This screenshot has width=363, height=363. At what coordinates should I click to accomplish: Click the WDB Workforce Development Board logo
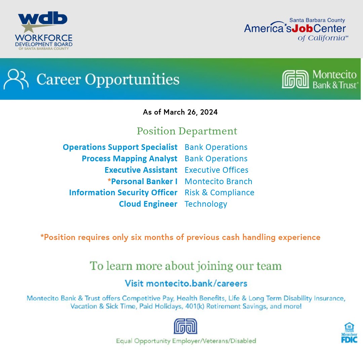pyautogui.click(x=44, y=31)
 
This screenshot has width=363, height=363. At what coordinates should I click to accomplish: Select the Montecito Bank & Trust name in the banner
pyautogui.click(x=335, y=79)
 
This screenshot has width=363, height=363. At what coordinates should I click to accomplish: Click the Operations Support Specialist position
pyautogui.click(x=120, y=147)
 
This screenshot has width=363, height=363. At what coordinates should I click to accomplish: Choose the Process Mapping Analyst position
pyautogui.click(x=129, y=159)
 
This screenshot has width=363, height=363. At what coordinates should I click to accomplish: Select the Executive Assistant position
pyautogui.click(x=141, y=170)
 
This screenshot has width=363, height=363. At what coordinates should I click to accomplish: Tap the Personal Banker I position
pyautogui.click(x=144, y=182)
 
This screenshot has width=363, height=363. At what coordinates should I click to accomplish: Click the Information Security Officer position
pyautogui.click(x=123, y=193)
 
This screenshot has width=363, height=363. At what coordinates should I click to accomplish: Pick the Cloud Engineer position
pyautogui.click(x=148, y=204)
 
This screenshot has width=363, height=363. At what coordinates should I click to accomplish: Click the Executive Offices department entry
pyautogui.click(x=216, y=170)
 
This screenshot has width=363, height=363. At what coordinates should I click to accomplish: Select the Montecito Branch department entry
pyautogui.click(x=218, y=182)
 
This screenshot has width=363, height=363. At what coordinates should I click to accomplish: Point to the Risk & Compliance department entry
pyautogui.click(x=219, y=193)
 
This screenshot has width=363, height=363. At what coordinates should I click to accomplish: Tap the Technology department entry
pyautogui.click(x=206, y=204)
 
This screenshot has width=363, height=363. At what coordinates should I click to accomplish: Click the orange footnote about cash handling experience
pyautogui.click(x=180, y=237)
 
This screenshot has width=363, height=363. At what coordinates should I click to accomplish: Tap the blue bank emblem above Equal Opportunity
pyautogui.click(x=185, y=326)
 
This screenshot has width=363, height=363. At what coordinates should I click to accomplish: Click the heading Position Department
pyautogui.click(x=187, y=131)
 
